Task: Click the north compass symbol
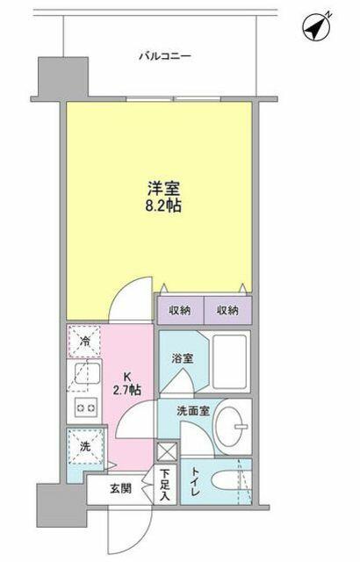tap(315, 27)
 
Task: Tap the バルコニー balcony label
tap(165, 56)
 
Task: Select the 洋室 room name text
tap(163, 189)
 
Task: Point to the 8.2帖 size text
tap(163, 205)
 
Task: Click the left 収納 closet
tap(181, 310)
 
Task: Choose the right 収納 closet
tap(227, 310)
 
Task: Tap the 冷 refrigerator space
tap(84, 341)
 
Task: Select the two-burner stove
tap(86, 407)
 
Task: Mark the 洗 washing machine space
tap(85, 447)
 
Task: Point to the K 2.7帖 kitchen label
tap(126, 384)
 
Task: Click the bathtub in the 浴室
tap(230, 362)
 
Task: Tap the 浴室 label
tap(183, 358)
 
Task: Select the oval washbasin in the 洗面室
tap(232, 427)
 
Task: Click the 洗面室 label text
tap(193, 411)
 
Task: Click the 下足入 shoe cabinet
tap(165, 485)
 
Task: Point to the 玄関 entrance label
tap(120, 488)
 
